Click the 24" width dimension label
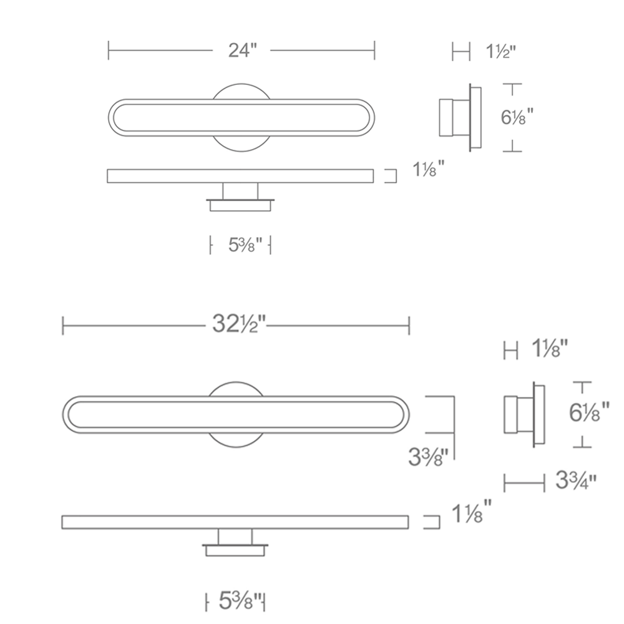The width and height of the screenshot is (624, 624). tap(243, 51)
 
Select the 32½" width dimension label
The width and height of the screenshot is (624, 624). tap(238, 324)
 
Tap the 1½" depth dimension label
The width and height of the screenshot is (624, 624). tap(500, 51)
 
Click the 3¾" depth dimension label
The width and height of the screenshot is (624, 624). tap(576, 480)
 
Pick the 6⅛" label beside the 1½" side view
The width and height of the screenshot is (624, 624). tap(517, 117)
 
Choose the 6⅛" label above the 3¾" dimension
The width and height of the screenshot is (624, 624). tap(589, 412)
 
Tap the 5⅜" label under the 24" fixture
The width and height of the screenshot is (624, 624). tap(245, 245)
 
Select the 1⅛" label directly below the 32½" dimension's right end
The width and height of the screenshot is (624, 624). tap(550, 349)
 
